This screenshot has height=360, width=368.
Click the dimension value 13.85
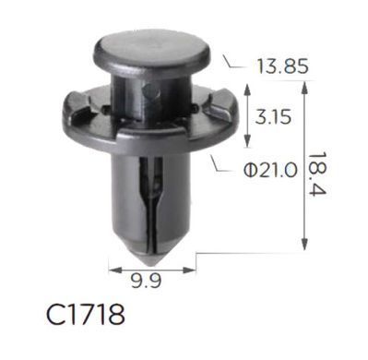pos(282,66)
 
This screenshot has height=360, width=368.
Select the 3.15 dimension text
pos(273,117)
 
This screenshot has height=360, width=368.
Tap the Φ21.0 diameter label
pos(270,171)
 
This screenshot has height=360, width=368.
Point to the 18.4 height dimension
pos(316,174)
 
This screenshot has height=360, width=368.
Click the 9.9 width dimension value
pos(146,281)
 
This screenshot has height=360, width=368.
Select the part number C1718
pos(86,315)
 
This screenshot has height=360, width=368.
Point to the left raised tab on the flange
pos(78,106)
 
